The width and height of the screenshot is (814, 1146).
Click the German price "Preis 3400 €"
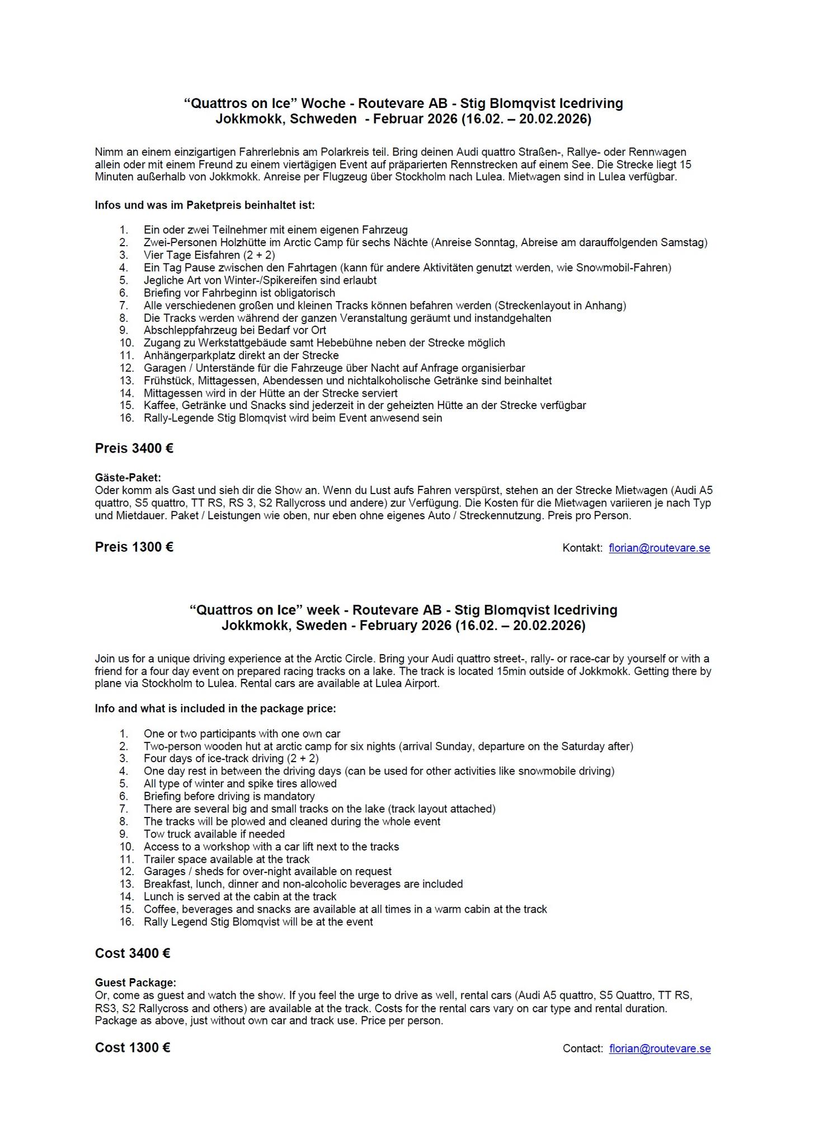click(x=134, y=448)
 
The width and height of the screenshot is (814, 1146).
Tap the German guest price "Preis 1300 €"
click(x=134, y=547)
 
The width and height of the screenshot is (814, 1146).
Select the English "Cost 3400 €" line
click(x=133, y=953)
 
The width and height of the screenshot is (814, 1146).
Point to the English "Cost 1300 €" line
click(x=133, y=1048)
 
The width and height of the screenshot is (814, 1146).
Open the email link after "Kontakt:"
click(x=659, y=548)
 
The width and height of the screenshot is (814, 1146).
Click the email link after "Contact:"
click(x=660, y=1049)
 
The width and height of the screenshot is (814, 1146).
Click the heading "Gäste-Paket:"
click(x=128, y=477)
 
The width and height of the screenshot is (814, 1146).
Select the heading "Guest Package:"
click(x=135, y=983)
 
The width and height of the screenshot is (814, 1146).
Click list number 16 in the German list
click(x=126, y=418)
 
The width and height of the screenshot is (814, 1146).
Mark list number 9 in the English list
click(x=124, y=834)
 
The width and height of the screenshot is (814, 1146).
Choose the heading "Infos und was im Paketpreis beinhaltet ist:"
click(x=205, y=205)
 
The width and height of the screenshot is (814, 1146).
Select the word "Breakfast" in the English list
click(x=168, y=884)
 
